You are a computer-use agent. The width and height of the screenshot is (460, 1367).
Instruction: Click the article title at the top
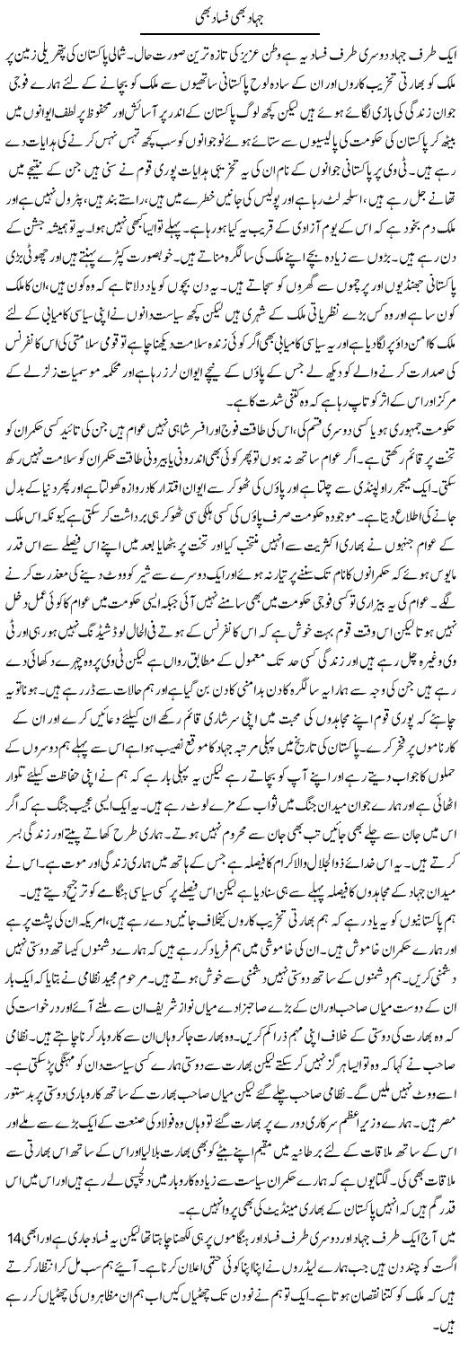[x=230, y=15]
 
